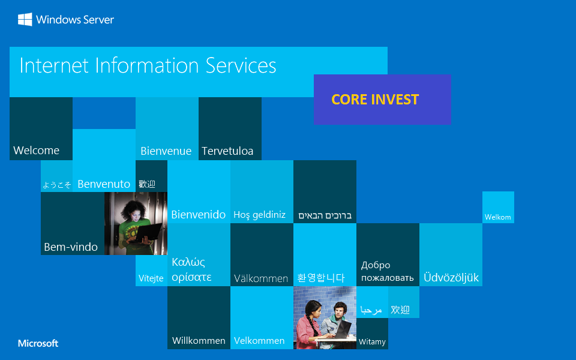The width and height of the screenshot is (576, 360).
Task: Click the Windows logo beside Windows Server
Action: point(25,20)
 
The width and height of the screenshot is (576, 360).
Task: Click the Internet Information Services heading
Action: point(148,65)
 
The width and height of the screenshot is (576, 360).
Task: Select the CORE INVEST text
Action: point(375,100)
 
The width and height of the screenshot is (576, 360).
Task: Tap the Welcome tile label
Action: point(37,151)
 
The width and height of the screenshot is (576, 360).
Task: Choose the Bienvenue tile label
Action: point(166,151)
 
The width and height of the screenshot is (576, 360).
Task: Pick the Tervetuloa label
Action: point(227,151)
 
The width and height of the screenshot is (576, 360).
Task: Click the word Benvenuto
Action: point(104,184)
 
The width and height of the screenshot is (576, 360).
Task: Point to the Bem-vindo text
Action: point(71,247)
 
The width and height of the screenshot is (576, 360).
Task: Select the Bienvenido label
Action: point(199,215)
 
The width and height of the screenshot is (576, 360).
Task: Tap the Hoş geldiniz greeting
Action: point(259,215)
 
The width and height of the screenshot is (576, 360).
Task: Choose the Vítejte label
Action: point(151,278)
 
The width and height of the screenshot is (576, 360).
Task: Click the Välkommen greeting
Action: point(261,278)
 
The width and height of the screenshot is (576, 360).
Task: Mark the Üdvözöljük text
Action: point(451,278)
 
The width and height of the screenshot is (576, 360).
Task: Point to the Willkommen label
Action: point(199,341)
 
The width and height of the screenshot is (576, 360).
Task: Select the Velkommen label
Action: point(259,341)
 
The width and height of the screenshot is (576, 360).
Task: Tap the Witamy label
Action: point(372,342)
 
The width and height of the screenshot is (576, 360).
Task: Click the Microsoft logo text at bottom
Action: point(38,344)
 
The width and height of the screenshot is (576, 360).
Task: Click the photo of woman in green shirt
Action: point(136,223)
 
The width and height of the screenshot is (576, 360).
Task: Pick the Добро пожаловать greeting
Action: point(387,271)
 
